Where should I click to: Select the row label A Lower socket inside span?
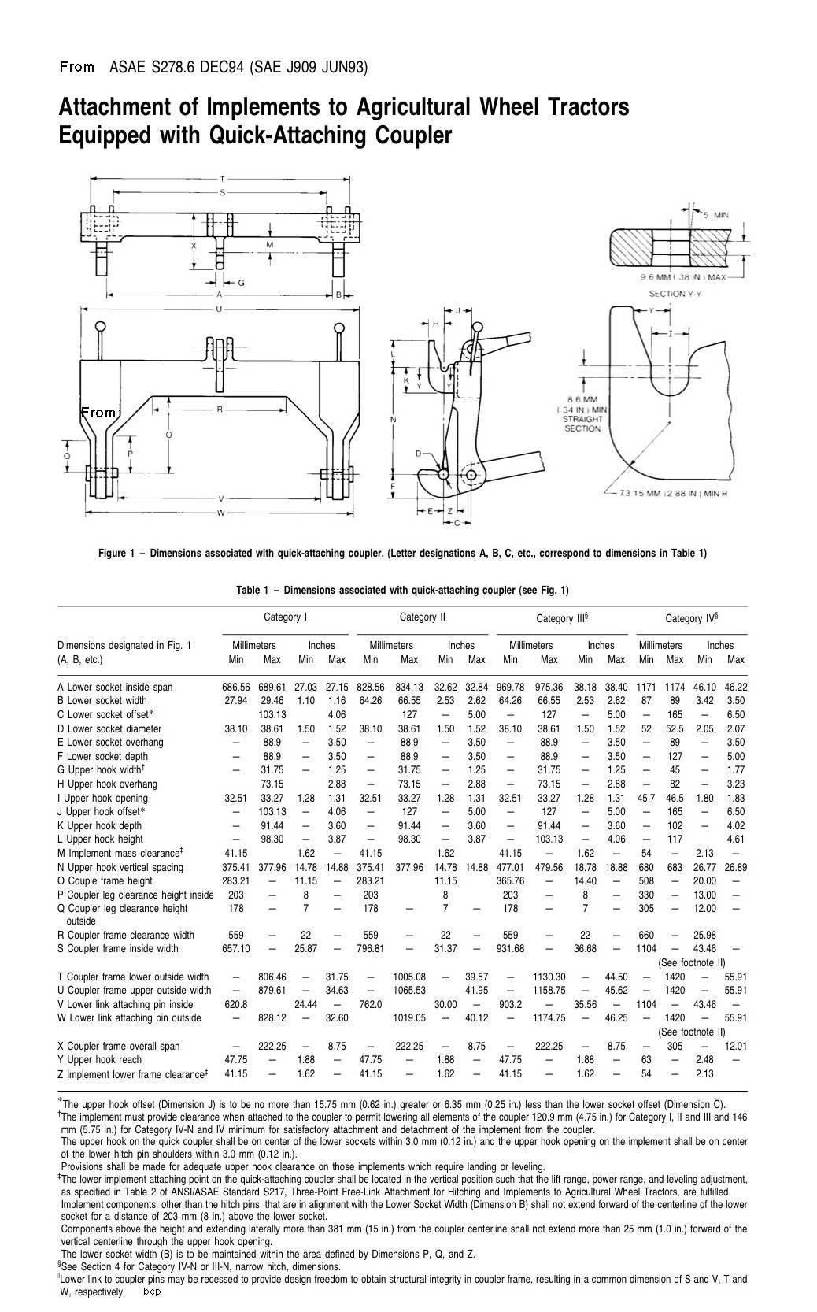click(x=115, y=687)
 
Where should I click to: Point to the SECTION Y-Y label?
click(x=675, y=294)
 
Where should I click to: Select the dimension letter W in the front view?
click(x=220, y=513)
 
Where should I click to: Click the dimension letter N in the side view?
click(x=393, y=420)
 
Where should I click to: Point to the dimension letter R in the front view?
click(x=220, y=410)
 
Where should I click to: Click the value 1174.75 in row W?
click(x=549, y=1017)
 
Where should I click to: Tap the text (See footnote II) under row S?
click(x=691, y=962)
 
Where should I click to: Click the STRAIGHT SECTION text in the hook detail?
click(x=582, y=424)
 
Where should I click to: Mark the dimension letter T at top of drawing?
click(x=223, y=180)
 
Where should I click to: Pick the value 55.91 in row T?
click(x=735, y=977)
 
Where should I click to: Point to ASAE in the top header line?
click(x=126, y=68)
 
